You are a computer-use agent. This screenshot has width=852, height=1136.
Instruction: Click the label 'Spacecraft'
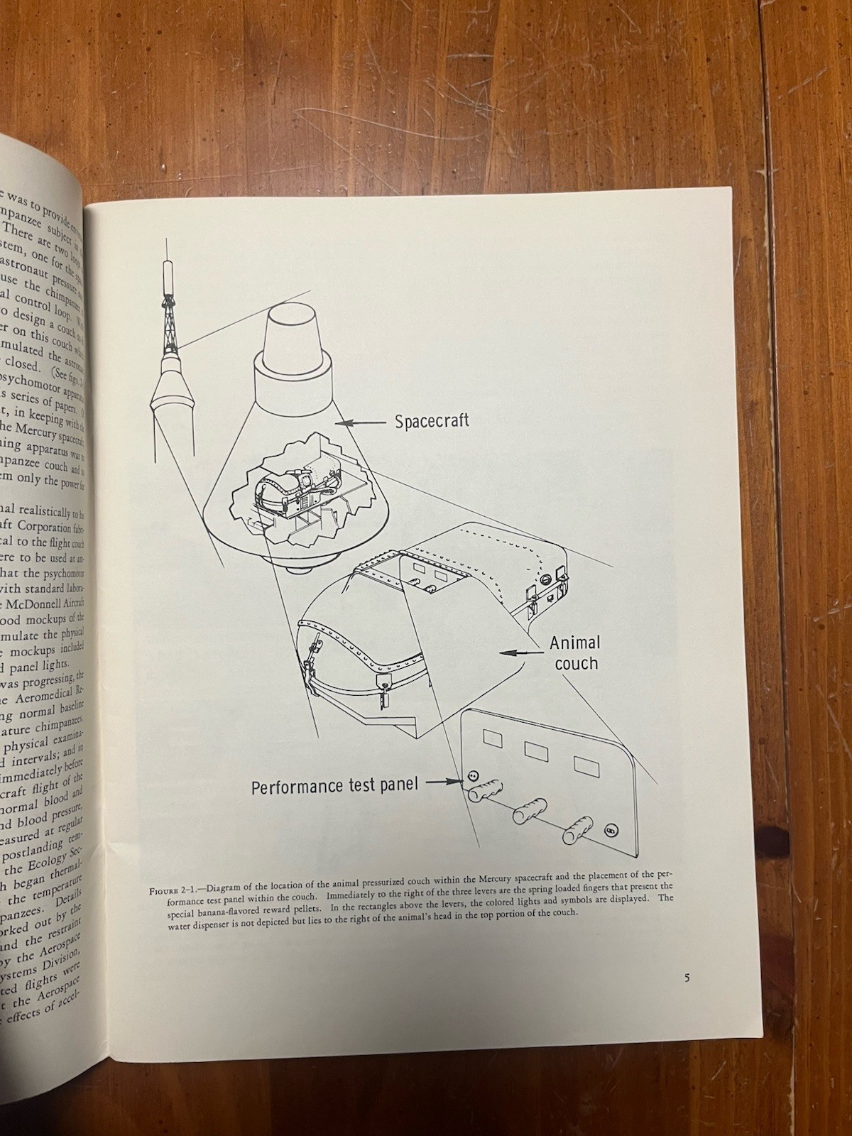pos(432,421)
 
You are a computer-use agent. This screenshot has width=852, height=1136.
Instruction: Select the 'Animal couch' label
pos(575,653)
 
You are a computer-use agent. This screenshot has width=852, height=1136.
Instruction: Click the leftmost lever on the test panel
pos(486,790)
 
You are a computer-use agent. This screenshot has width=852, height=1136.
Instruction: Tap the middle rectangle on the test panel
pos(536,751)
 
